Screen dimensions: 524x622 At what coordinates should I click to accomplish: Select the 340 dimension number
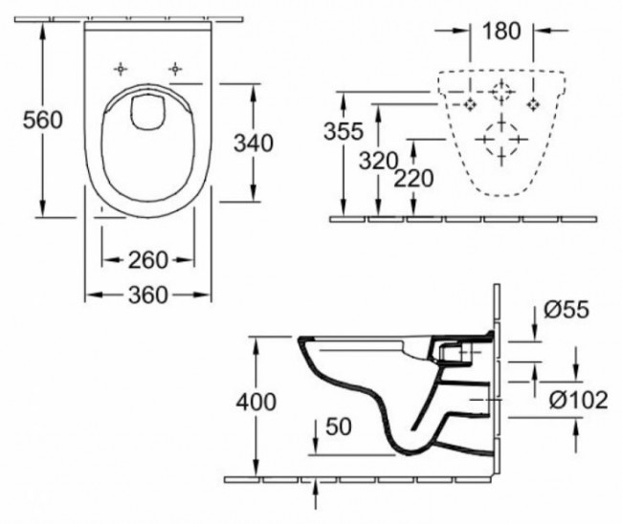(x=254, y=143)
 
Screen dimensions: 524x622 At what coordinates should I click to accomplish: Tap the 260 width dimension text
(x=148, y=259)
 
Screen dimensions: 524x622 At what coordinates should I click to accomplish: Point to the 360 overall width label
(x=148, y=294)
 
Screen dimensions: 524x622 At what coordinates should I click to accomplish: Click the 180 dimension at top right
(x=501, y=31)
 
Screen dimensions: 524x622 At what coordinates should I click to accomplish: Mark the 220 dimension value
(x=414, y=178)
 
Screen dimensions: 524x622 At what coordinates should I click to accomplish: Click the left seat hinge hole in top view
(x=122, y=69)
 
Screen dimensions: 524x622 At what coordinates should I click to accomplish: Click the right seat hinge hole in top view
(x=175, y=69)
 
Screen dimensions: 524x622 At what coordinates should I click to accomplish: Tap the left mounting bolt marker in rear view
(x=469, y=102)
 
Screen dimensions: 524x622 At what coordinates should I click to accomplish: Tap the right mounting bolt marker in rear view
(x=533, y=102)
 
